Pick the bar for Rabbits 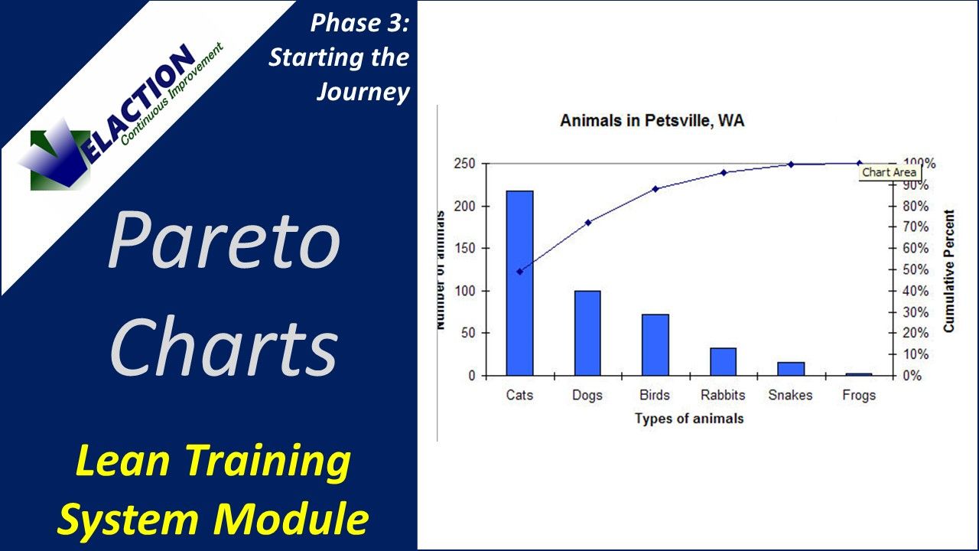pos(723,361)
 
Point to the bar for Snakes pos(791,369)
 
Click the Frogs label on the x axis pos(859,396)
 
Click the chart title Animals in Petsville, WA pos(652,121)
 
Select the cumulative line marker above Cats pos(520,272)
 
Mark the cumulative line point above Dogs pos(588,223)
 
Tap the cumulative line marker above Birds pos(655,189)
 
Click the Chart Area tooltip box pos(888,173)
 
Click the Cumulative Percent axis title pos(949,271)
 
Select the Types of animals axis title pos(688,419)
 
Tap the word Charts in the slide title pos(223,348)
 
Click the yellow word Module pos(304,518)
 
